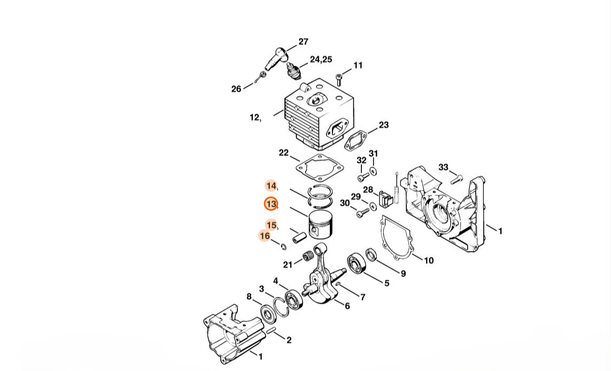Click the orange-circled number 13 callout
tap(271, 203)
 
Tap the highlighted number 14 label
tap(271, 186)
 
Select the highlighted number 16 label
tap(265, 236)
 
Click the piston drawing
tap(321, 225)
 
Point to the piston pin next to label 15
tap(299, 236)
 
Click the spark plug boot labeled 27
tap(275, 58)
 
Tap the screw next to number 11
tap(338, 80)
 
